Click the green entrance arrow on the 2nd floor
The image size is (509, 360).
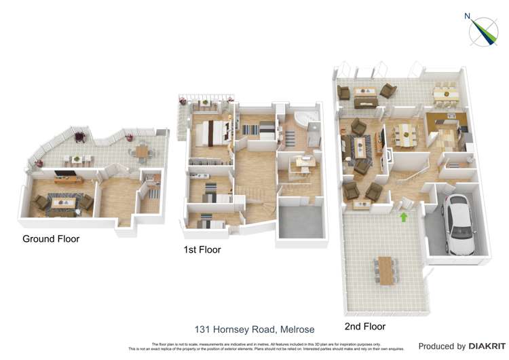tap(404, 217)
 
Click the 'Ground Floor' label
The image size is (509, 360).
tap(51, 239)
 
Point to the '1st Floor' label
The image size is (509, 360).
tap(202, 250)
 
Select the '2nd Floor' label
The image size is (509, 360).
tap(364, 327)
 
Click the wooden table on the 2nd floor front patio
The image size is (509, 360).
tap(386, 270)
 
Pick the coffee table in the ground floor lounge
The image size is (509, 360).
tap(65, 201)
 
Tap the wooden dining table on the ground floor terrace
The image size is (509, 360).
tap(143, 151)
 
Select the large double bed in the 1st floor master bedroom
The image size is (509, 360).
tap(212, 133)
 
